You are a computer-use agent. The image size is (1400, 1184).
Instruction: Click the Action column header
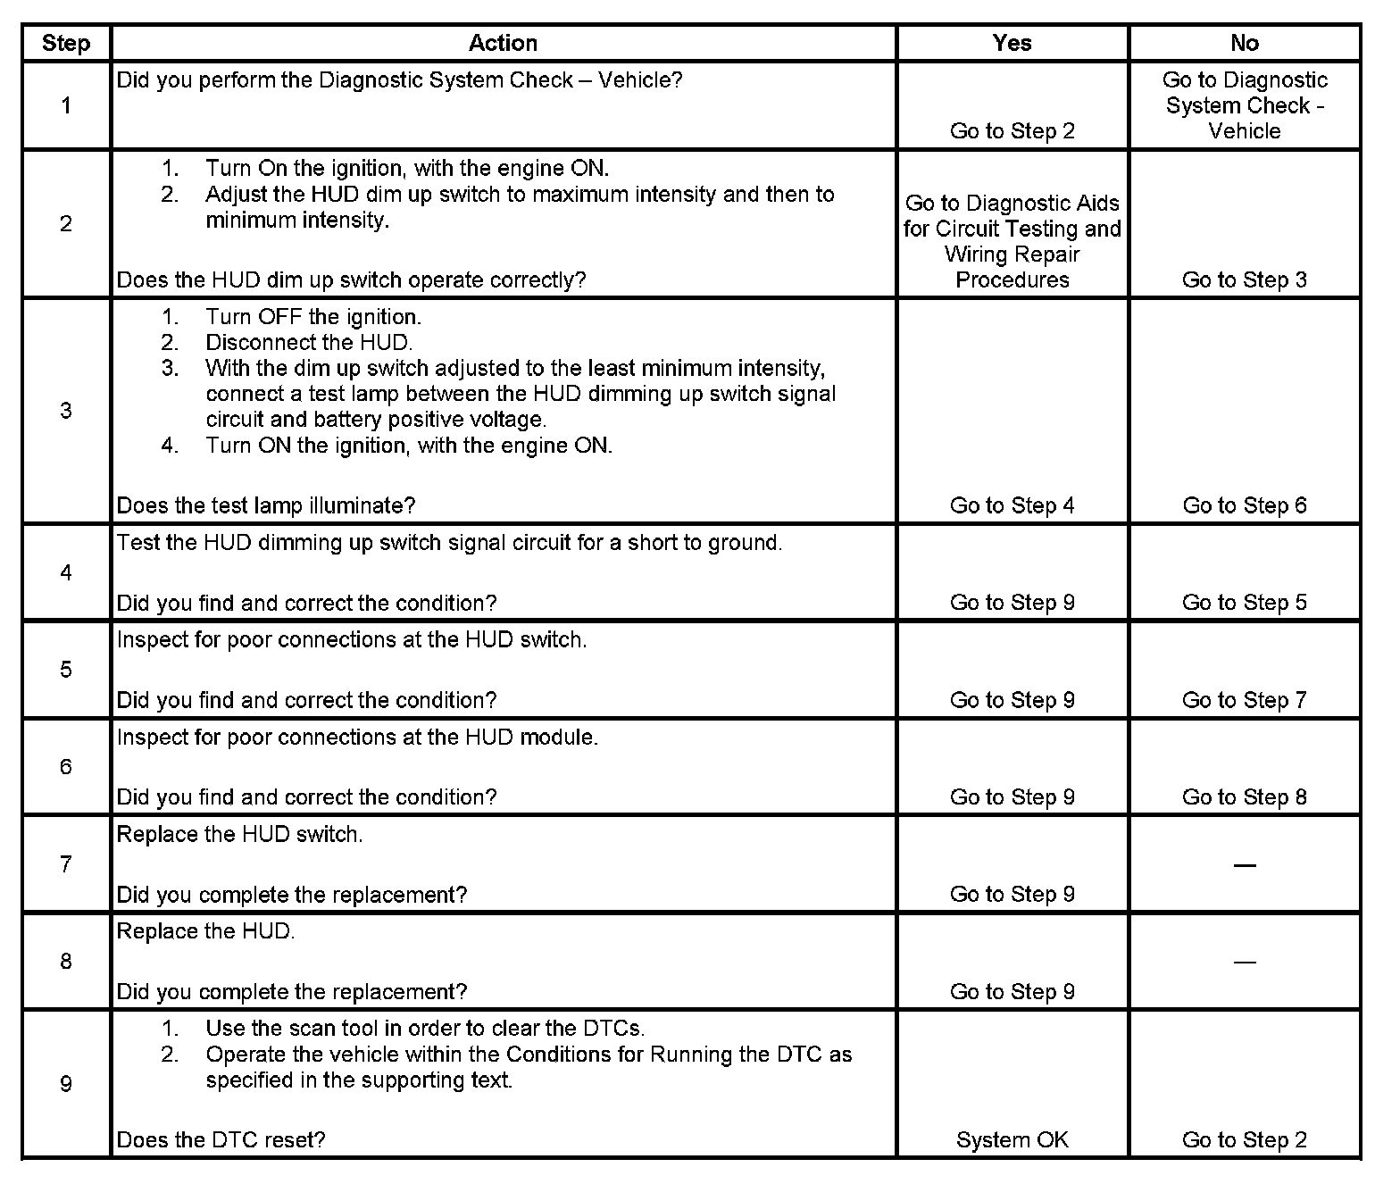(503, 43)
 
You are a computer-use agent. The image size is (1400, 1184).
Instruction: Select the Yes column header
(1012, 43)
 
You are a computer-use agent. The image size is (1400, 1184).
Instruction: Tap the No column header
(1244, 43)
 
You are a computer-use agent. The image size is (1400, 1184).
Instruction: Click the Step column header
(66, 43)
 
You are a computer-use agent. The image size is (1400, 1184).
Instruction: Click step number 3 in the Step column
(66, 411)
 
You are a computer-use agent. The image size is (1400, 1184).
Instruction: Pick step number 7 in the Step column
(66, 864)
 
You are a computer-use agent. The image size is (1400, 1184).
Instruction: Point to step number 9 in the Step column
(66, 1084)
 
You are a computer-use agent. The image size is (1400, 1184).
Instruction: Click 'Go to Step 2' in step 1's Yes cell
(1012, 131)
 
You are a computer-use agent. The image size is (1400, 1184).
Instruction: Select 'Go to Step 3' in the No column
(1244, 280)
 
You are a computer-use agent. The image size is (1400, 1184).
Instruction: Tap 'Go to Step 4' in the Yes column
(1012, 506)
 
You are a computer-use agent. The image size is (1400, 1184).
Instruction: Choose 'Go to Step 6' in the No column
(1244, 506)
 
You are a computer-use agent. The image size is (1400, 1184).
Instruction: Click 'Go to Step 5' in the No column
(1244, 603)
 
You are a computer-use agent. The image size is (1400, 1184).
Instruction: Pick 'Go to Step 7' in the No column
(1244, 700)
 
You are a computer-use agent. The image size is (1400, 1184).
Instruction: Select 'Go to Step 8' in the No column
(1244, 797)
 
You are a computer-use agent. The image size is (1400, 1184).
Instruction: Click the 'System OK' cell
(1012, 1140)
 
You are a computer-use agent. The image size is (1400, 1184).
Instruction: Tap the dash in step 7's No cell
(1244, 865)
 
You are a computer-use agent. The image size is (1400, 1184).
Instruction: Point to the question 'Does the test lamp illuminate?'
(266, 506)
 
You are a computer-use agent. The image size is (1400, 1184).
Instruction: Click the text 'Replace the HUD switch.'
(240, 835)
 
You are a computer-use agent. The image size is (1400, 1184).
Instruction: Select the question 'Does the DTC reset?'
(221, 1140)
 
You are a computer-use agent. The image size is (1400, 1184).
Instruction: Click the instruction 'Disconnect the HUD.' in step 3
(309, 343)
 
